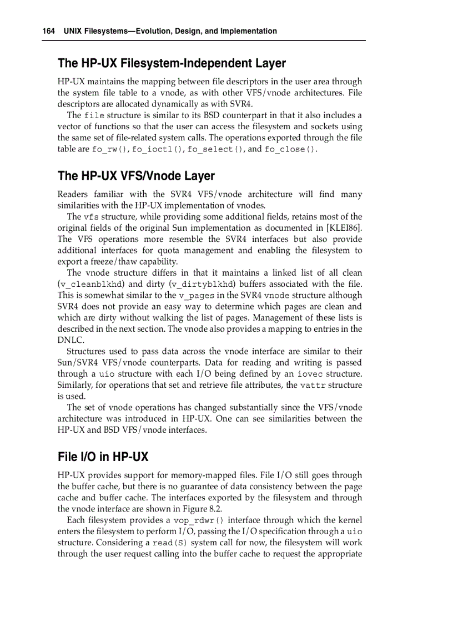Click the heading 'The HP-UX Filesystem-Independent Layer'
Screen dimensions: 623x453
tap(172, 63)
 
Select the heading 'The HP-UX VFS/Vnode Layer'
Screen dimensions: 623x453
tap(136, 176)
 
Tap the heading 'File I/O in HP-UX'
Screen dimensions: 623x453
tap(103, 457)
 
